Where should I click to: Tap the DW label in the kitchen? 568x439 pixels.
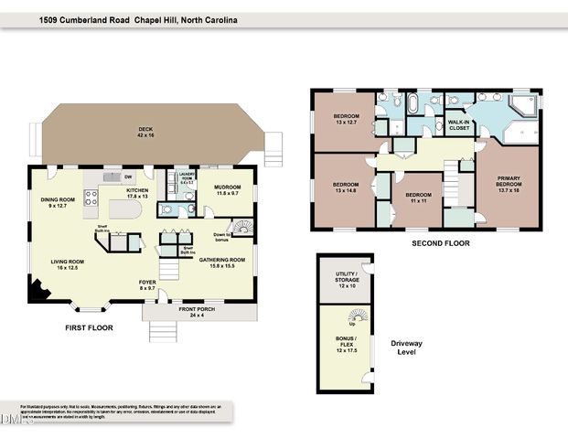tap(128, 177)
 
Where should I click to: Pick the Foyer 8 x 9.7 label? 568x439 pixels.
tap(147, 284)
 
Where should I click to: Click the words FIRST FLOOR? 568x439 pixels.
tap(89, 327)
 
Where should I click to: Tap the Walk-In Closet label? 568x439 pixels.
tap(458, 125)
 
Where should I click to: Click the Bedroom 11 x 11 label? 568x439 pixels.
tap(418, 197)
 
